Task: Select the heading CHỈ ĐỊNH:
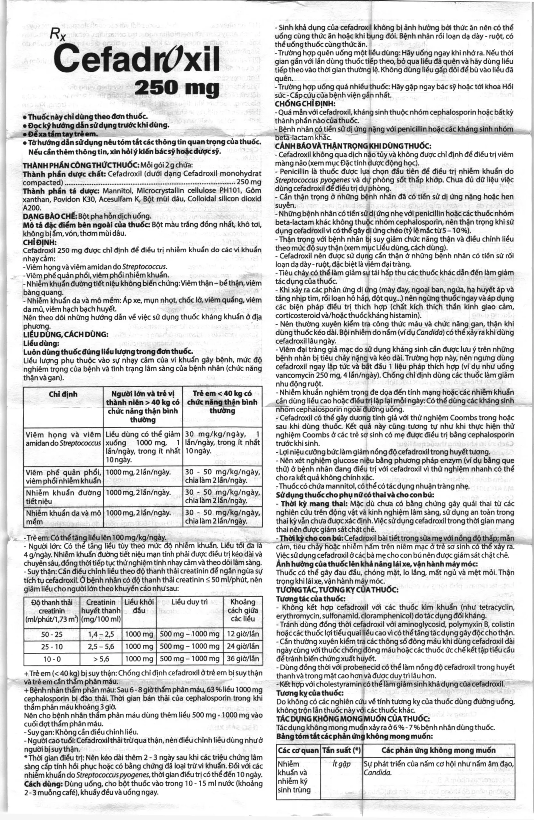coord(37,242)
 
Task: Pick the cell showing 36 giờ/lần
coord(243,659)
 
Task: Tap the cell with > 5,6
coord(101,659)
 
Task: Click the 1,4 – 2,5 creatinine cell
coord(101,634)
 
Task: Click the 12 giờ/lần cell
coord(243,634)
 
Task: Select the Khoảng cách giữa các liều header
coord(243,610)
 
